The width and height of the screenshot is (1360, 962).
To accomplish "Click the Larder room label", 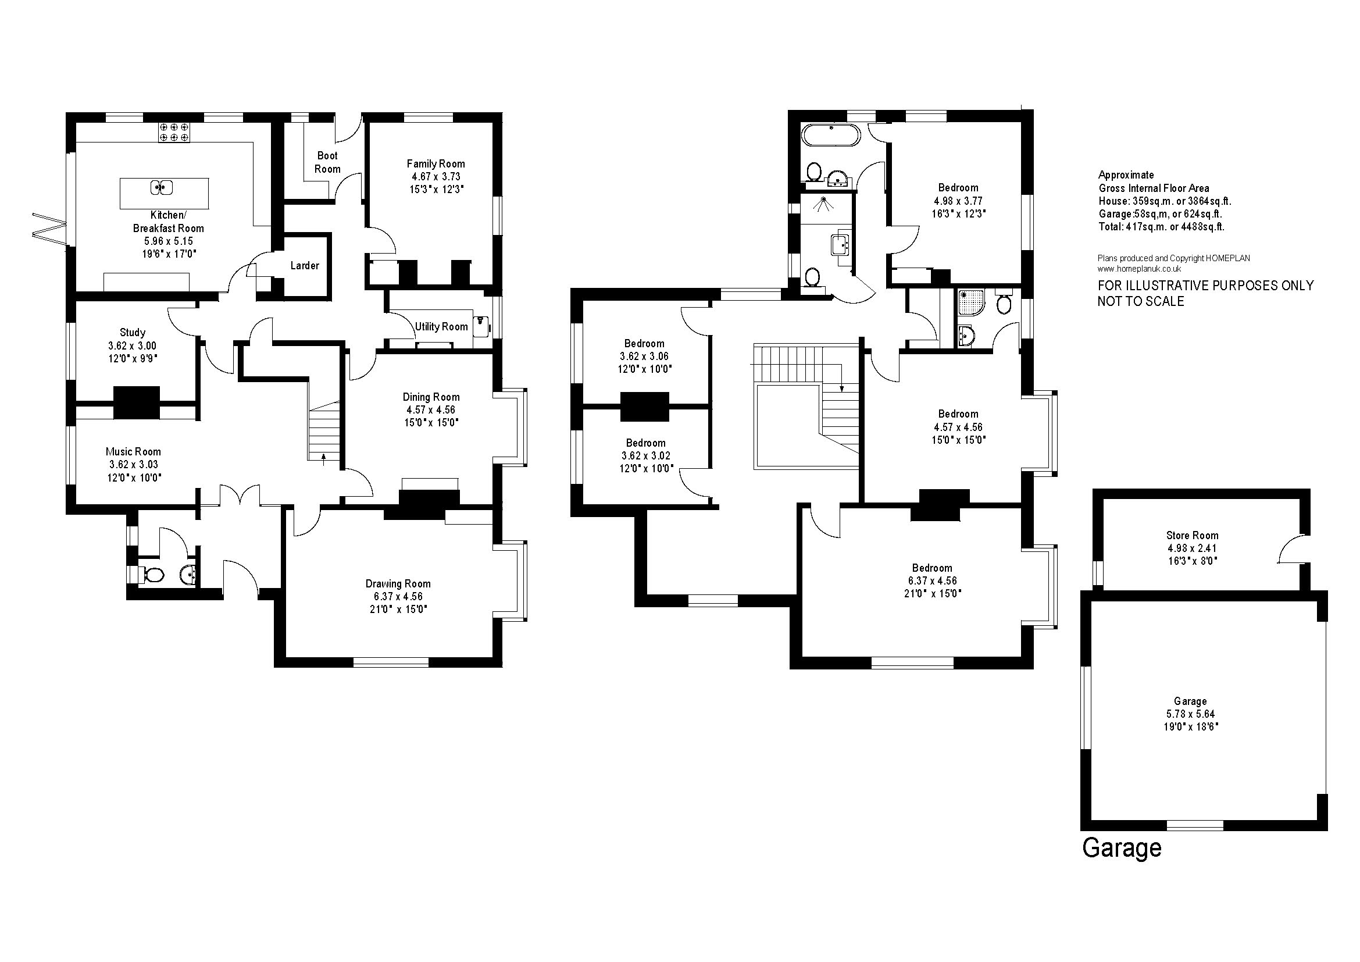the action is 305,265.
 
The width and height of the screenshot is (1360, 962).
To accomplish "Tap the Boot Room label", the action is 327,162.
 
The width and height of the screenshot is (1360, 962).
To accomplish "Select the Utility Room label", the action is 441,326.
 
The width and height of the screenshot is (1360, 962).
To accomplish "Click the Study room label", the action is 132,332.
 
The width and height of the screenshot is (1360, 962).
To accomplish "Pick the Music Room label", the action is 133,451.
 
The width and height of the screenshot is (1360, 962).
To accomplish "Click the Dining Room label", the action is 431,397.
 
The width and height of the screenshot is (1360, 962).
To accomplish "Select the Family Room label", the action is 436,163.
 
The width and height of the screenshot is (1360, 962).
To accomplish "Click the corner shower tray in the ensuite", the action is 970,302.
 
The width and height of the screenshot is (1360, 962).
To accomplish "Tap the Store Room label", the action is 1193,535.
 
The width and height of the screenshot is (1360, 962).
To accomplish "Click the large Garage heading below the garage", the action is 1122,848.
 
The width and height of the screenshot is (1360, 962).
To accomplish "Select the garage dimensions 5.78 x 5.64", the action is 1190,714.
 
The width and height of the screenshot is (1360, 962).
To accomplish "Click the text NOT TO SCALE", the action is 1141,301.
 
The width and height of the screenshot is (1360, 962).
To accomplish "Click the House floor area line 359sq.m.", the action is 1165,201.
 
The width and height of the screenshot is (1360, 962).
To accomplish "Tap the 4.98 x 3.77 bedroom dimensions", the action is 958,201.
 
